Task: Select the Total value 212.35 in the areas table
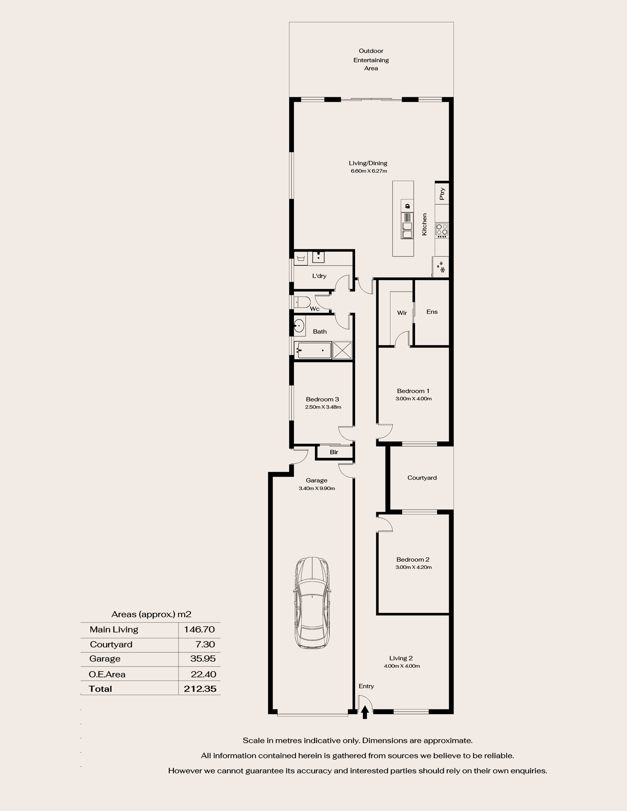tap(200, 689)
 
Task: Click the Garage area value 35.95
tap(202, 658)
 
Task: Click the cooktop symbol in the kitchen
tap(442, 230)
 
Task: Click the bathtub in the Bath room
tap(314, 350)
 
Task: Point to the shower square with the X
tap(342, 350)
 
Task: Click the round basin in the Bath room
tap(299, 326)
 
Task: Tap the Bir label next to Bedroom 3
tap(334, 452)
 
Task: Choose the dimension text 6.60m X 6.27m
tap(369, 171)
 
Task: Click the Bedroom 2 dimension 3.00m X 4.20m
tap(413, 567)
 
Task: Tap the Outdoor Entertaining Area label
tap(371, 59)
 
